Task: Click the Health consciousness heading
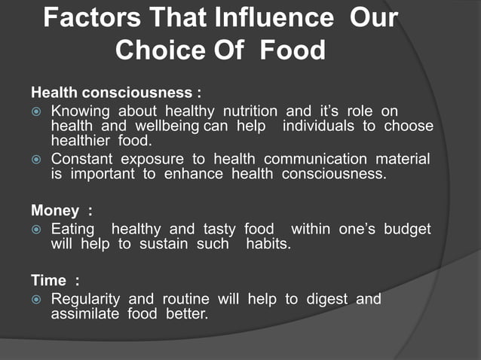[x=115, y=93]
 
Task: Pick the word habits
[x=268, y=244]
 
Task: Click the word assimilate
[x=80, y=313]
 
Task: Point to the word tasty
[x=219, y=229]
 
